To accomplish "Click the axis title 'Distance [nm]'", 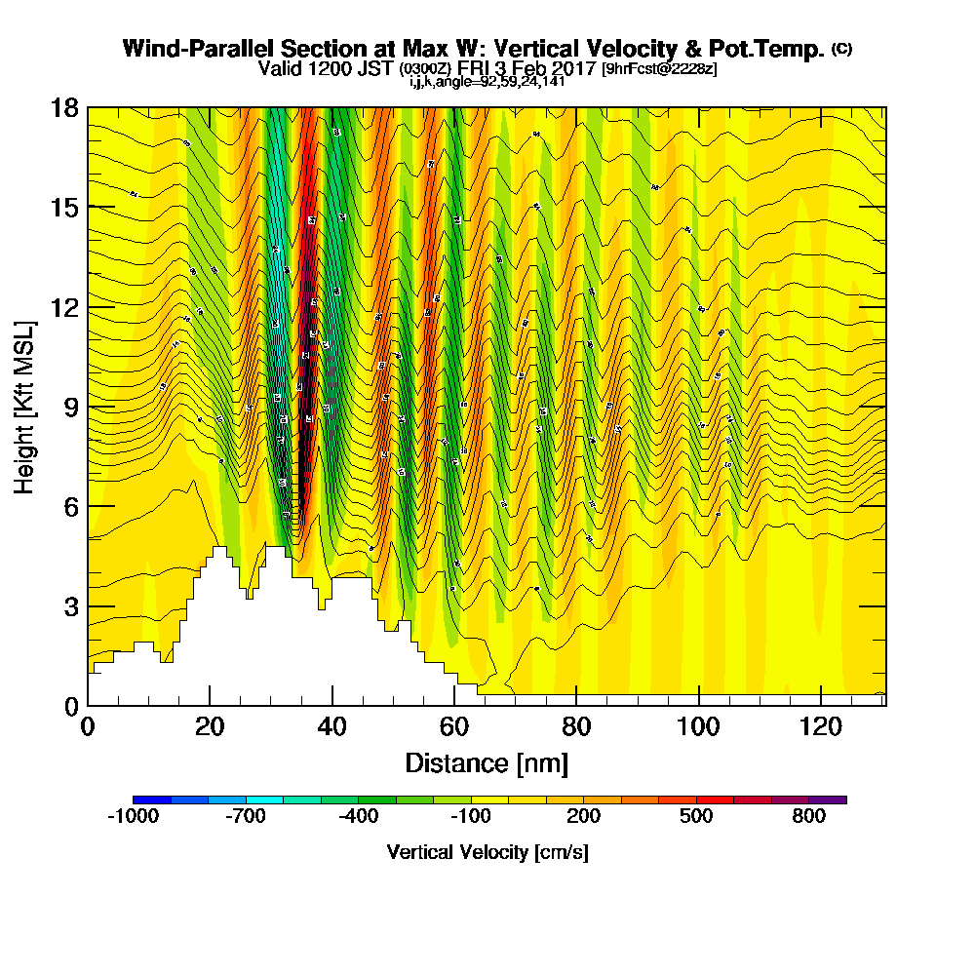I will pos(487,762).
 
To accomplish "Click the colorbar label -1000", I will pos(133,817).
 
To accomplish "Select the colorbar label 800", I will pos(808,817).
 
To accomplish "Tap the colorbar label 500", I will pos(696,817).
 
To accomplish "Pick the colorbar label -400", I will pos(358,817).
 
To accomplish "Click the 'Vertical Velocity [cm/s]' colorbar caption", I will pos(487,852).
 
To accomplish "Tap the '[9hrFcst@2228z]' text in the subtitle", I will pos(659,69).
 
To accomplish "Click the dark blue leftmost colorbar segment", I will pos(152,799).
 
